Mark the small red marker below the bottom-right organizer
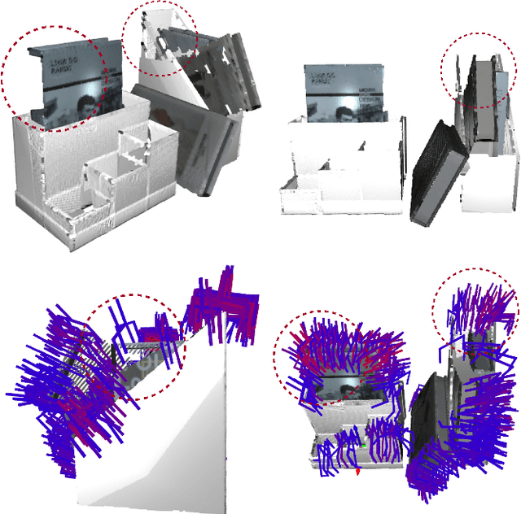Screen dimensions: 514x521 357,470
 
